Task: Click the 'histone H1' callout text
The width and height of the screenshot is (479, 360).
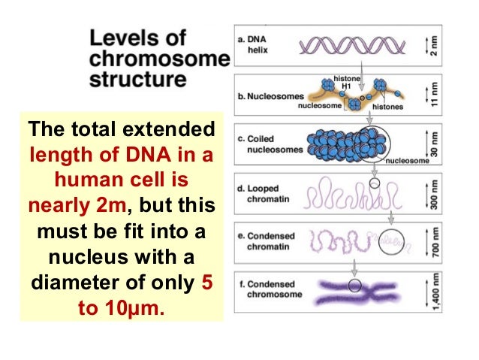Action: click(x=346, y=82)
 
